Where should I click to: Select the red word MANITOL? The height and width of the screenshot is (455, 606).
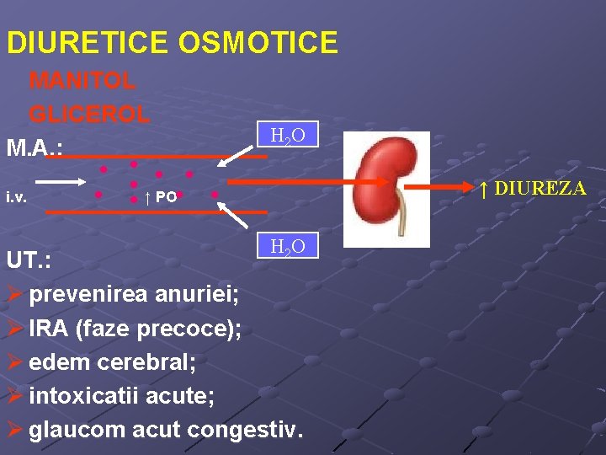[82, 81]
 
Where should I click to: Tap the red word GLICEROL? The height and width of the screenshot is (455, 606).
[89, 113]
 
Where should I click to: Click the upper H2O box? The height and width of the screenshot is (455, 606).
[287, 135]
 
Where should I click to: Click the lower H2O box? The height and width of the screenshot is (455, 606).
[287, 245]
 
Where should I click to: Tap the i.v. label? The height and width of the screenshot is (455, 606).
[14, 198]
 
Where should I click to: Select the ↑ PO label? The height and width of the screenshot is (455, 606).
[160, 198]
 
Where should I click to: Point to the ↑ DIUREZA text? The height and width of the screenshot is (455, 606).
[533, 188]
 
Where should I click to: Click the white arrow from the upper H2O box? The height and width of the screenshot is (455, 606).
[240, 154]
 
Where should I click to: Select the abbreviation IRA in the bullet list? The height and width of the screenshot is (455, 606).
[48, 329]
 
